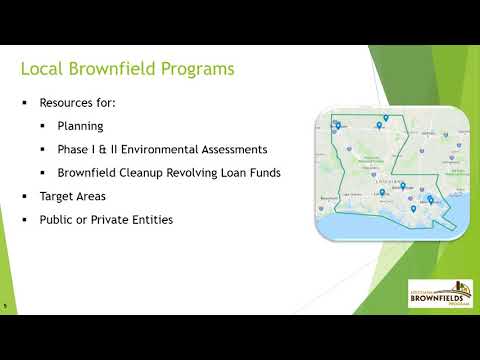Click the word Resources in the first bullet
click(64, 103)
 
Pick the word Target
click(55, 195)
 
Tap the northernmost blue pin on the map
click(385, 118)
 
